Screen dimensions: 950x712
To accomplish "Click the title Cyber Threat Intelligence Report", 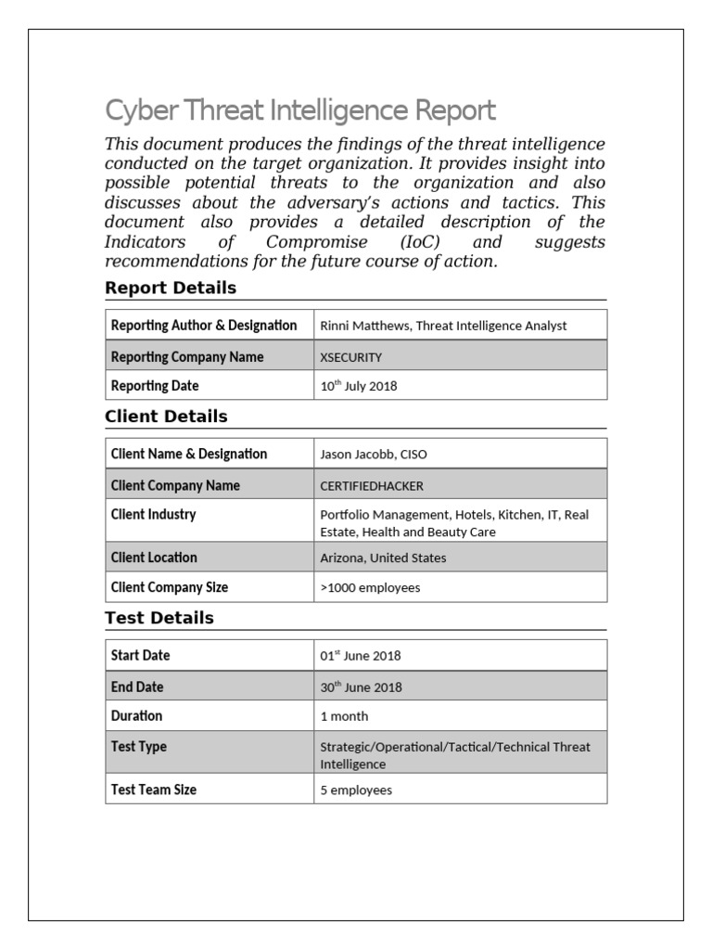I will tap(300, 110).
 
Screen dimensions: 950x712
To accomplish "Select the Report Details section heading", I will tap(171, 288).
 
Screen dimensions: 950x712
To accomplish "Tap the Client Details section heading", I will tap(166, 417).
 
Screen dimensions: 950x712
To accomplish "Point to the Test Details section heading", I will tap(159, 618).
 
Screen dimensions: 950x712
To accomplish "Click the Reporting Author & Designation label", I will tap(204, 326).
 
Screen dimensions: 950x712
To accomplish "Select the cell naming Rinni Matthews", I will tap(443, 326).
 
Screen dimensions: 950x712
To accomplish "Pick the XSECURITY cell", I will tap(350, 357).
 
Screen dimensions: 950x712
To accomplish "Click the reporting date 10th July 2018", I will tap(358, 386).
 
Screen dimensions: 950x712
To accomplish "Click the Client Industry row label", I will tap(153, 515).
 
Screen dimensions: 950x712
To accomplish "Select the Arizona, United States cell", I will tap(383, 558).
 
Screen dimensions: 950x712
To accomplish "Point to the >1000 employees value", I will tap(370, 587).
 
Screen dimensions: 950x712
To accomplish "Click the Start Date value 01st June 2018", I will tap(361, 656).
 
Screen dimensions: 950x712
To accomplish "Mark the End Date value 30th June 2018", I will tap(361, 687).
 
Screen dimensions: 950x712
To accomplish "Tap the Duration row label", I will tap(136, 716).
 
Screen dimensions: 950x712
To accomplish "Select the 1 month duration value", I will tap(344, 716).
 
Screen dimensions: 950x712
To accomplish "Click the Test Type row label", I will tap(139, 747).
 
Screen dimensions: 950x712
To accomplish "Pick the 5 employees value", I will tap(356, 790).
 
